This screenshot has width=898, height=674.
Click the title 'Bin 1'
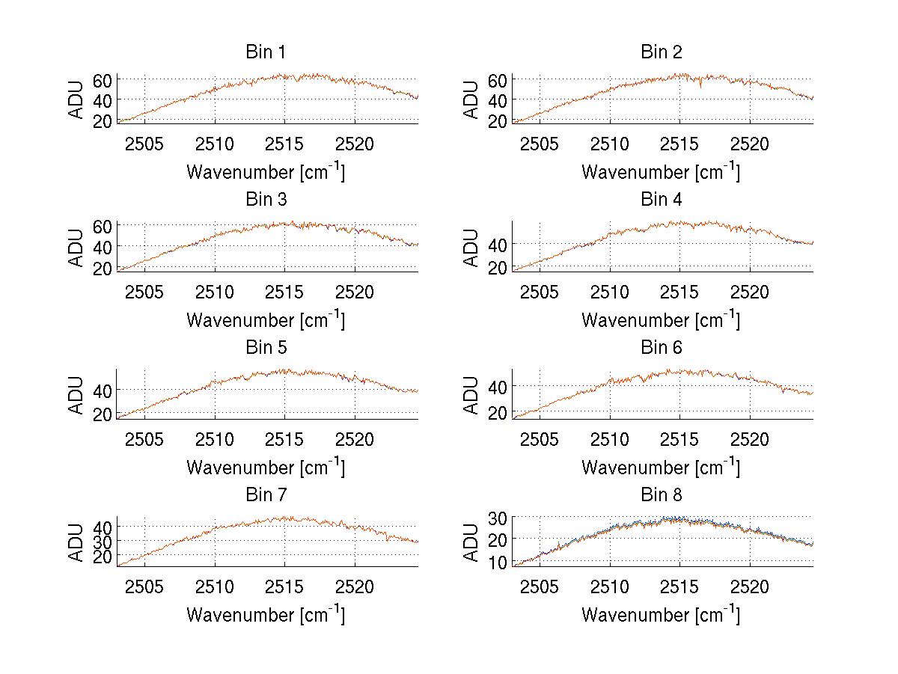tap(265, 52)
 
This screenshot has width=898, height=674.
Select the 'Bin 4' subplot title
tap(660, 200)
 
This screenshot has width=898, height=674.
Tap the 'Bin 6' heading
tap(660, 348)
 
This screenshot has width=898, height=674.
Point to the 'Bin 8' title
tap(660, 495)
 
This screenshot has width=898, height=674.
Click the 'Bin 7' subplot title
tap(265, 495)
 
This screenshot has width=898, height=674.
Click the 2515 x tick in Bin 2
tap(679, 144)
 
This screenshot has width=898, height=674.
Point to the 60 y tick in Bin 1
tap(103, 79)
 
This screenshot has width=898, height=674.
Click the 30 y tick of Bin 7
tap(103, 540)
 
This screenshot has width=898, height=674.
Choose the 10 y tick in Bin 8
tap(498, 562)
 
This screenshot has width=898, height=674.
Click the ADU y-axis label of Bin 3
tap(77, 247)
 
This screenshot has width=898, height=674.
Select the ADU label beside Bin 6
tap(472, 394)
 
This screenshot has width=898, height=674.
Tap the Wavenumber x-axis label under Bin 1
tap(266, 172)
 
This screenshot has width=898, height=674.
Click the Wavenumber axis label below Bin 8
tap(661, 615)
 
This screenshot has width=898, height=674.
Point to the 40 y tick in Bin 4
tap(498, 244)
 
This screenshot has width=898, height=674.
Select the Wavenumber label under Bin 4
tap(661, 319)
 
